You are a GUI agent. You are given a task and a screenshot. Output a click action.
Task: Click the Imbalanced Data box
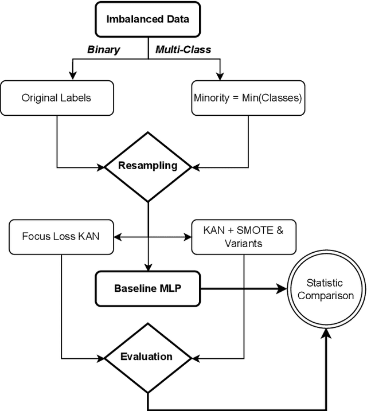click(148, 18)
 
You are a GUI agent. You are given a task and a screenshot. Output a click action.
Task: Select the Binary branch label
click(103, 49)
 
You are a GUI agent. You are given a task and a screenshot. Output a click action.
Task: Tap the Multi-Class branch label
click(183, 49)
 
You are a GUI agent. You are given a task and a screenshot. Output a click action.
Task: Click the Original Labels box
click(56, 97)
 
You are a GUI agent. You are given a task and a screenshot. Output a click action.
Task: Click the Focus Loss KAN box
click(60, 236)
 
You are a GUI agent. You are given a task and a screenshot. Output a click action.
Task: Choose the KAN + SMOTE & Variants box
click(244, 236)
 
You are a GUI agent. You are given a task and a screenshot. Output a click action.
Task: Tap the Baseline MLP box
click(147, 288)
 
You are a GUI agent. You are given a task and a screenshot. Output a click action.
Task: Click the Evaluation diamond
click(147, 357)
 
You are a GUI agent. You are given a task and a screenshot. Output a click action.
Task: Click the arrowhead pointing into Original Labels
click(72, 76)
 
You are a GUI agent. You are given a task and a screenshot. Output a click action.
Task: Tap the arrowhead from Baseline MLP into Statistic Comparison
click(280, 288)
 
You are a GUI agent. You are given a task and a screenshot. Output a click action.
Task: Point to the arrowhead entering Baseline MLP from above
click(148, 267)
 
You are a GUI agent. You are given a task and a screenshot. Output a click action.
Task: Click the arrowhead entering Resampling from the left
click(100, 167)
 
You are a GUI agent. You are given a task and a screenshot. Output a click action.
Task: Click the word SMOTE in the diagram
click(253, 230)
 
